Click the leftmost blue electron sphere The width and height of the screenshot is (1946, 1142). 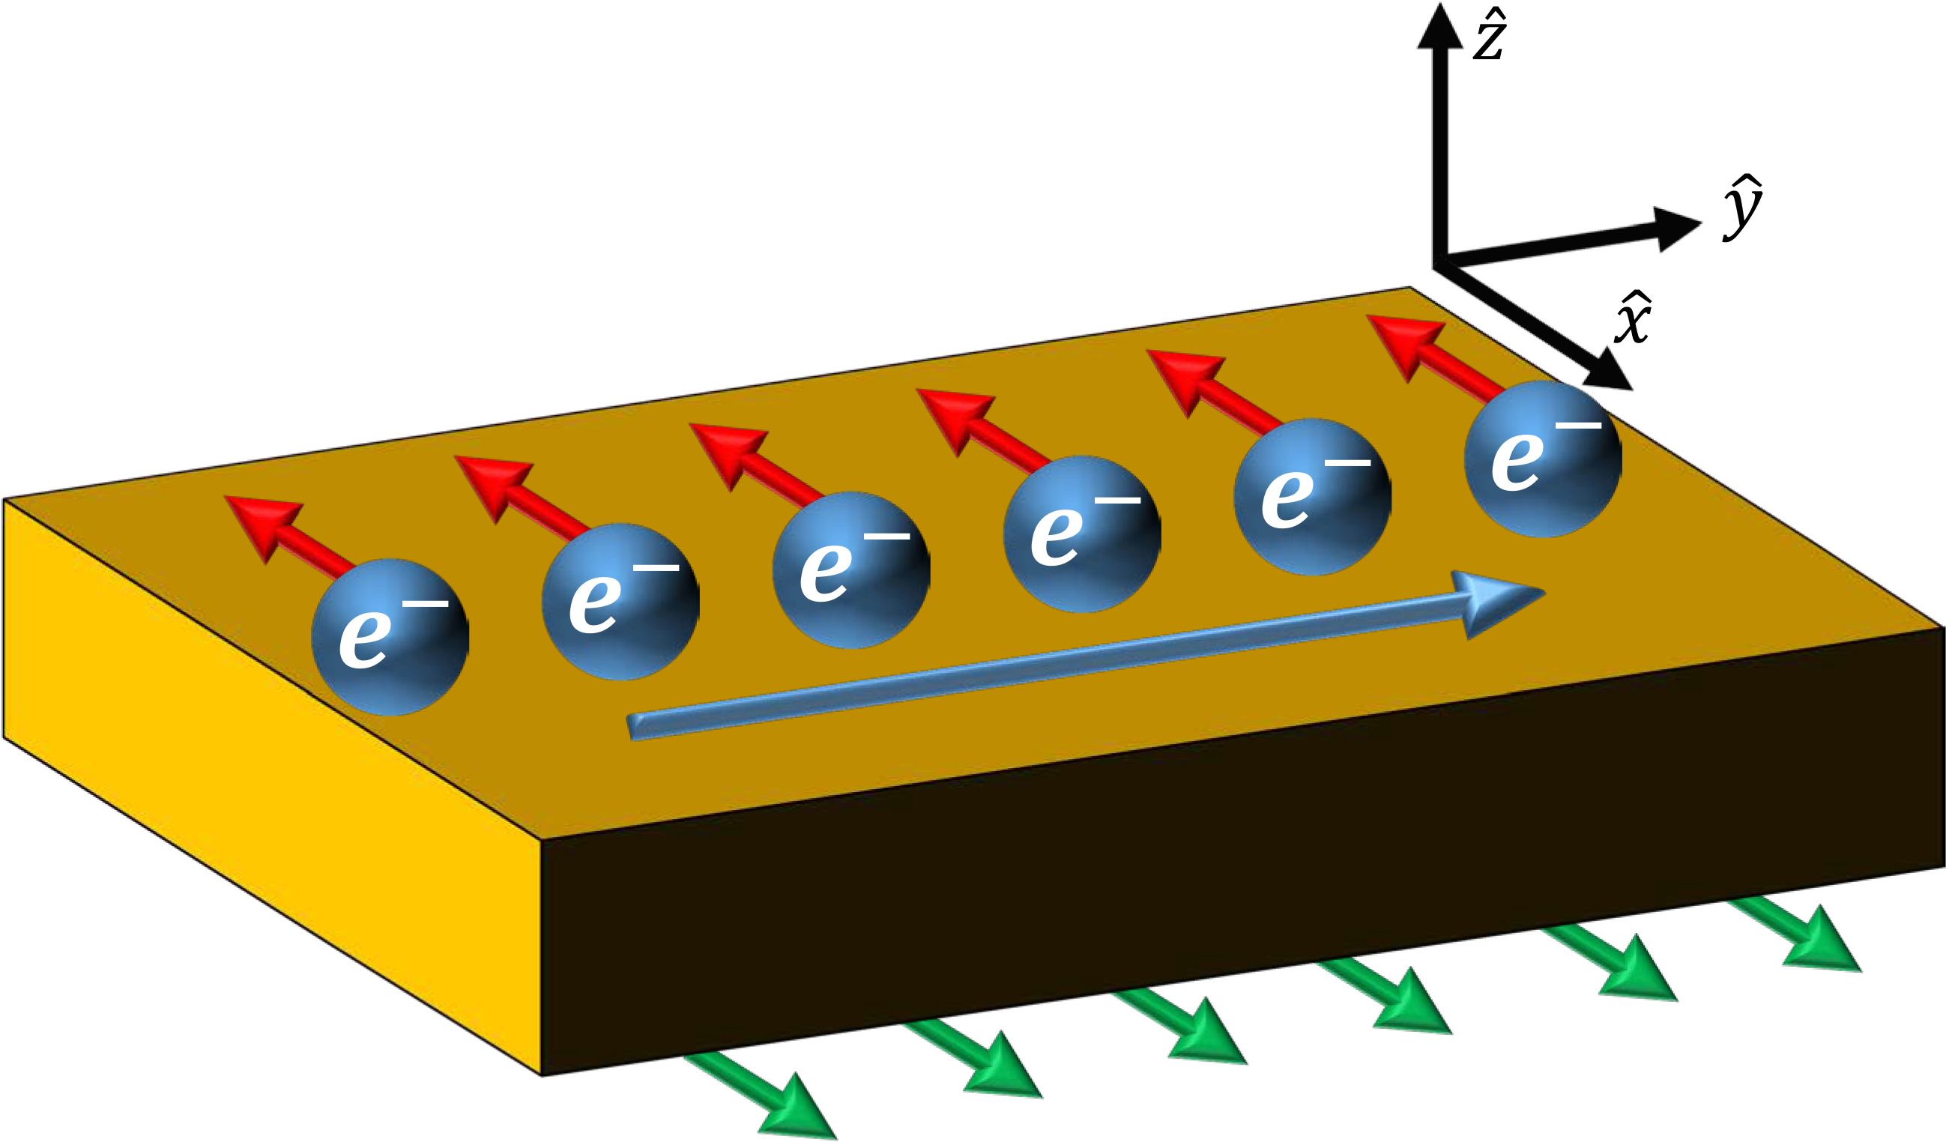pos(390,637)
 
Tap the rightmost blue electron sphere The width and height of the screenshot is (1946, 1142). pos(1543,459)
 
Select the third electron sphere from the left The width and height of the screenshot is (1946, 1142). pos(851,570)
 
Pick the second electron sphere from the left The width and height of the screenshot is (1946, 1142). pos(621,602)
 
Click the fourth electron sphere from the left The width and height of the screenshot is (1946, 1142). pos(1082,534)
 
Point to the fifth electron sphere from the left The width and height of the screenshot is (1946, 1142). pos(1313,497)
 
